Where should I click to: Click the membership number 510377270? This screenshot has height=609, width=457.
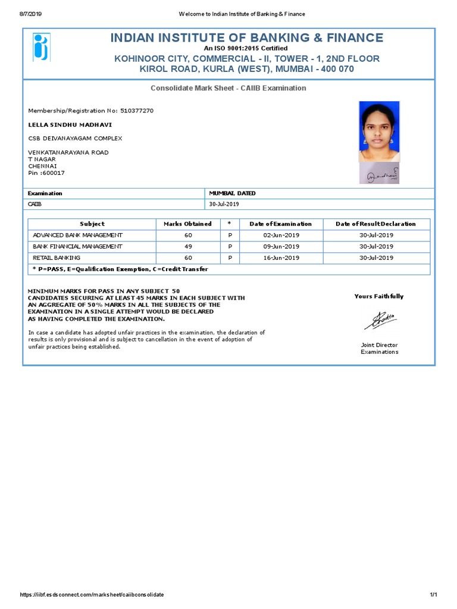tap(137, 111)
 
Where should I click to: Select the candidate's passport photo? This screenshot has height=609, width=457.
tap(379, 131)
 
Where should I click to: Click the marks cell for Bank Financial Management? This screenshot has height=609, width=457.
tap(187, 246)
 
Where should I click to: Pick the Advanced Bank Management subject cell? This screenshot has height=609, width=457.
tap(78, 235)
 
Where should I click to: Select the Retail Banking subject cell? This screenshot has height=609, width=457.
tap(57, 258)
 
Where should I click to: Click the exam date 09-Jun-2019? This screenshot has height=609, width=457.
tap(281, 246)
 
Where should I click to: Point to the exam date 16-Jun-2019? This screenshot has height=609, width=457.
tap(281, 258)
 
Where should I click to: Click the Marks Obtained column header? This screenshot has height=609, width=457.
tap(187, 224)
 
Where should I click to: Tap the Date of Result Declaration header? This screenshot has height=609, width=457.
tap(375, 224)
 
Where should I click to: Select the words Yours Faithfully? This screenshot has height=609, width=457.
tap(378, 296)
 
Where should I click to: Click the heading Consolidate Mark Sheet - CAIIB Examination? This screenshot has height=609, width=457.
tap(228, 88)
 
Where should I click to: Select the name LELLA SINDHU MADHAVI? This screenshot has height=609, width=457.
tap(70, 125)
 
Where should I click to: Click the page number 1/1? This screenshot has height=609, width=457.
tap(433, 595)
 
